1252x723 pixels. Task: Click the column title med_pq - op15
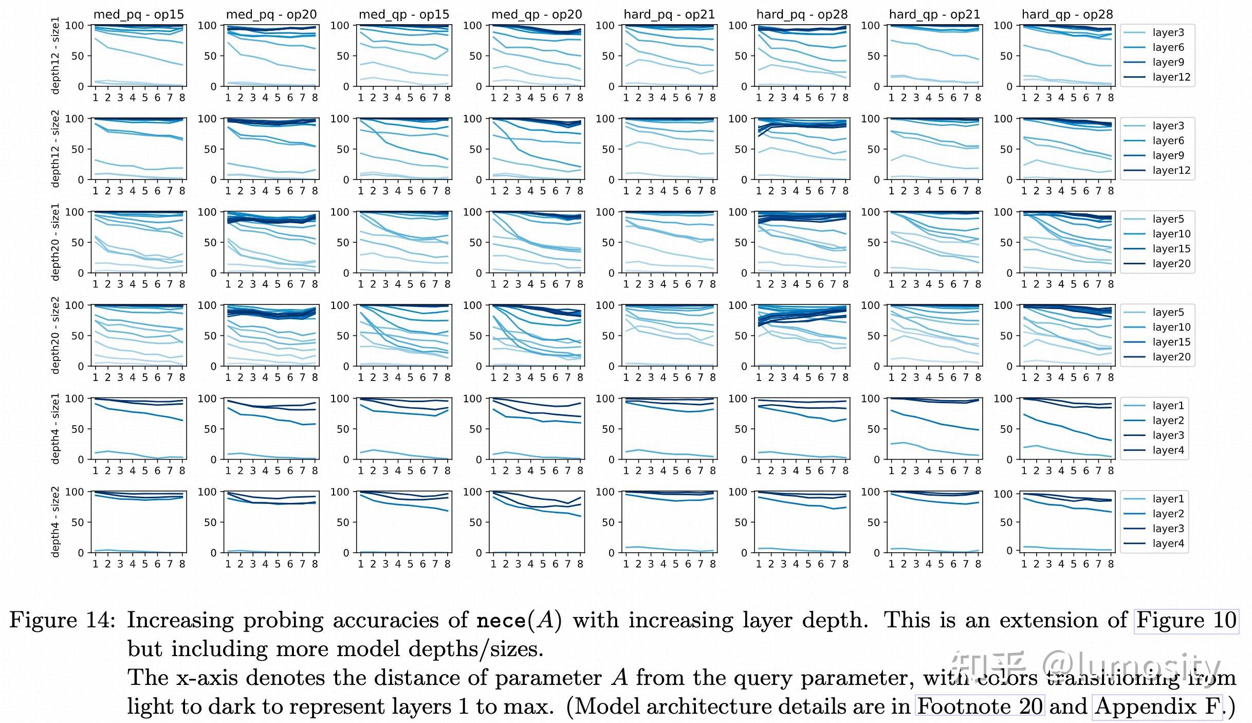(138, 14)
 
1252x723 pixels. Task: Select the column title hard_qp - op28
(1067, 14)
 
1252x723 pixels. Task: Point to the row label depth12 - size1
(56, 55)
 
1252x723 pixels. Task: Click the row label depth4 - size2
(56, 521)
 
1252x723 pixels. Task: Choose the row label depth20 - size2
(56, 335)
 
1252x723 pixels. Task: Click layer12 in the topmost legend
(1171, 77)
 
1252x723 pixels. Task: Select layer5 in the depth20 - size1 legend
(1168, 219)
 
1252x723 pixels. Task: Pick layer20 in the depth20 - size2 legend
(1171, 357)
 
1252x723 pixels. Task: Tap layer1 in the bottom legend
(1168, 499)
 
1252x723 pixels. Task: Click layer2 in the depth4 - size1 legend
(1168, 421)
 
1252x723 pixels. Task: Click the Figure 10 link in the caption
(1186, 620)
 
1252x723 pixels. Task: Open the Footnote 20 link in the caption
(980, 707)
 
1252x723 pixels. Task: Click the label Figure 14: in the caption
(62, 620)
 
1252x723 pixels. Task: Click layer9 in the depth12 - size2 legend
(1168, 155)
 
